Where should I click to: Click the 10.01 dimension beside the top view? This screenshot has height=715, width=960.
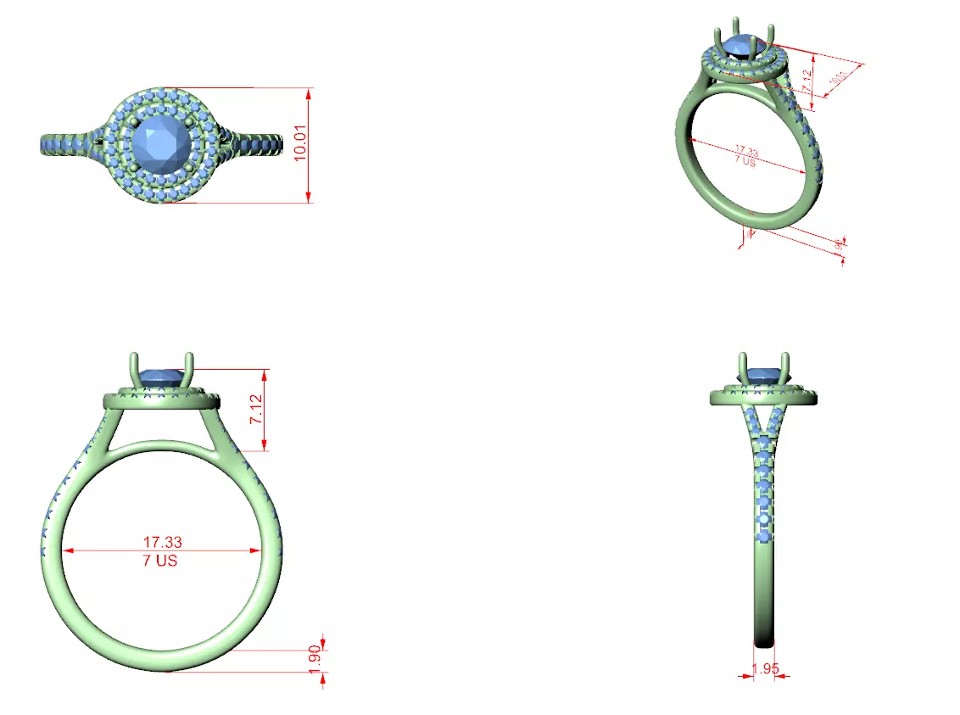(x=299, y=145)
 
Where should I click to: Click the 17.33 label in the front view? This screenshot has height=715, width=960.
(x=162, y=541)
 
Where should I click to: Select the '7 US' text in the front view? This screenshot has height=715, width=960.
(x=161, y=561)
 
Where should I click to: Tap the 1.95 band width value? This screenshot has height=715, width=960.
(x=766, y=668)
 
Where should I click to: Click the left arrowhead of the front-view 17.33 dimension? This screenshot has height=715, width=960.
(x=69, y=550)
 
